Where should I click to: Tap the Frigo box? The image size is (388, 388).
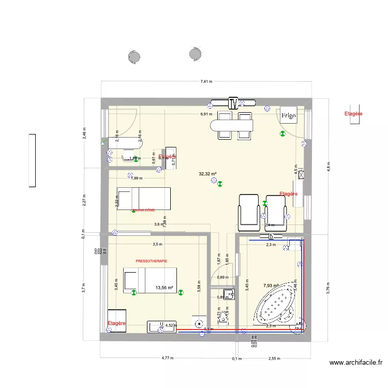pos(289,116)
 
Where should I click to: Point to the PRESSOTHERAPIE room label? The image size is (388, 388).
pos(152,261)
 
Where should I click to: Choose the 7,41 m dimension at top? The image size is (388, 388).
pos(207,81)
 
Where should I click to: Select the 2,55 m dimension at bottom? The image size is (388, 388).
pos(274,357)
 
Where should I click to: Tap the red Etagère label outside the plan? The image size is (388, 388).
pos(353,113)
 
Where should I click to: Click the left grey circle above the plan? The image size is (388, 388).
pos(135,56)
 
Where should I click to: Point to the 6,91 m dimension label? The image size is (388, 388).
pos(207,114)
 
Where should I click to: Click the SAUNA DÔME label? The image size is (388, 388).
pos(143,210)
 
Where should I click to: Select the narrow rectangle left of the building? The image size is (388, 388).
pos(32,160)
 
